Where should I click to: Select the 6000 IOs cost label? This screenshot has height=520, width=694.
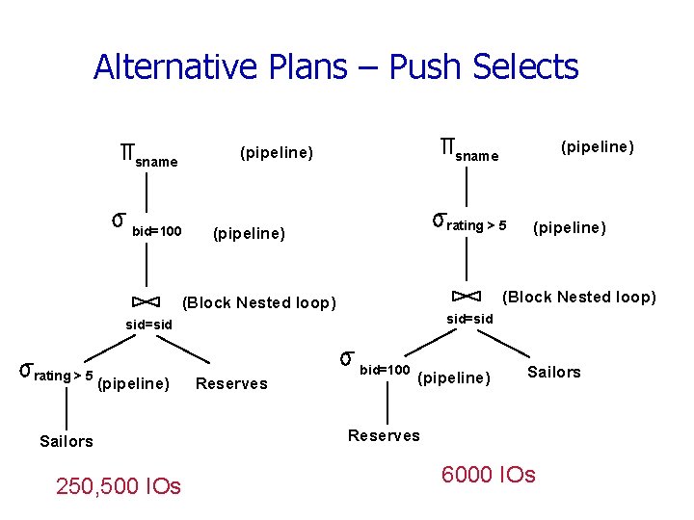(x=488, y=475)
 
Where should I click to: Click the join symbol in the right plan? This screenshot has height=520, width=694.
(x=467, y=294)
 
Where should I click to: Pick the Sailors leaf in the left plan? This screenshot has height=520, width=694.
(x=67, y=441)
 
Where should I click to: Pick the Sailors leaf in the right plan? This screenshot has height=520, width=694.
(x=554, y=372)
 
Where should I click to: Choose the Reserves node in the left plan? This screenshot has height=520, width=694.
(x=231, y=384)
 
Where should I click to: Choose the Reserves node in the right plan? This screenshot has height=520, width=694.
(x=384, y=435)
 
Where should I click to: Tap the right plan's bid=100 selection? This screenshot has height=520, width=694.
(x=376, y=366)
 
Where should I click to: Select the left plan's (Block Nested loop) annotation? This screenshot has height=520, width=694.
(x=259, y=303)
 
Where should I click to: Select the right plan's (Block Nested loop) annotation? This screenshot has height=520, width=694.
(x=579, y=297)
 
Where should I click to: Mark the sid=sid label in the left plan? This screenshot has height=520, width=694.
(x=149, y=325)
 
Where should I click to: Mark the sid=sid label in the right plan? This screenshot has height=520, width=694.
(x=469, y=319)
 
